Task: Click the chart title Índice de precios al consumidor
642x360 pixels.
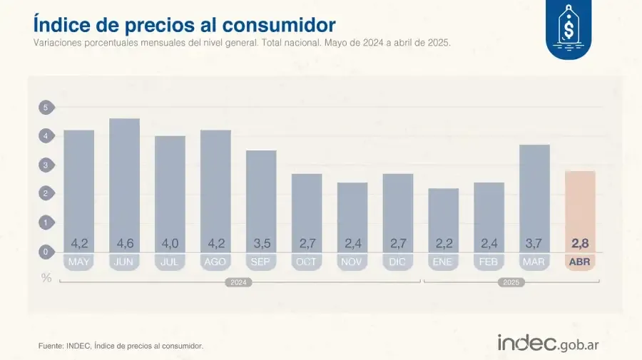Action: [184, 24]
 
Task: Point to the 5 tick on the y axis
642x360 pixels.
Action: [46, 108]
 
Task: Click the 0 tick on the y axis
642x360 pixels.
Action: [46, 252]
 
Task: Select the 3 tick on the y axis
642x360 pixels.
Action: [46, 165]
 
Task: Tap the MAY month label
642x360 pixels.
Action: [78, 262]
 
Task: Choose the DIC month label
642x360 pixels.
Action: [397, 262]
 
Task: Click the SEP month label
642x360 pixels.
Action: [261, 262]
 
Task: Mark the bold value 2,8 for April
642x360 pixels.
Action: [580, 244]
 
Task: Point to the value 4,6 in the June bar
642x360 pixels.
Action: [124, 244]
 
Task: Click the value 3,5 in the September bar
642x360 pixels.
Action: [261, 244]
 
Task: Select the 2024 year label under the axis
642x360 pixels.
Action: [239, 282]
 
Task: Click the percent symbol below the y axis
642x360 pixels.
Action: [46, 278]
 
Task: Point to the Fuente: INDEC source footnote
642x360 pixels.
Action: [121, 346]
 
